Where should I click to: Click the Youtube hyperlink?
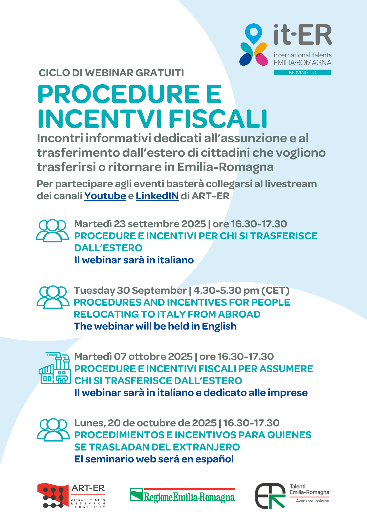[x=105, y=196]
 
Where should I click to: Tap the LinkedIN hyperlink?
[x=157, y=196]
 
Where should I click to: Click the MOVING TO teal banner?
[x=303, y=72]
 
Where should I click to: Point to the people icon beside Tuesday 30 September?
[x=53, y=297]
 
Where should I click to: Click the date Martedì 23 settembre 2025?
[x=140, y=224]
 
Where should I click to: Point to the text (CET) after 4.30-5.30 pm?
[x=275, y=290]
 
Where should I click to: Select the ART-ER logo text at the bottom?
[x=88, y=488]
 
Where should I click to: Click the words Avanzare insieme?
[x=312, y=501]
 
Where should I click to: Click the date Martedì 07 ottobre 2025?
[x=133, y=357]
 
